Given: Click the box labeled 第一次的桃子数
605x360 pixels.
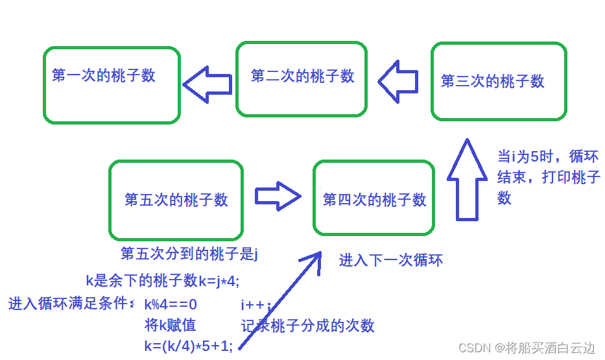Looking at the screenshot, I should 112,85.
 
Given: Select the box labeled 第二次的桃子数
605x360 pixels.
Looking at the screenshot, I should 302,79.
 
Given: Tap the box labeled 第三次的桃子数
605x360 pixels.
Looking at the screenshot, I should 499,82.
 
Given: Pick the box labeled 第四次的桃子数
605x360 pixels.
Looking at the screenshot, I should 374,198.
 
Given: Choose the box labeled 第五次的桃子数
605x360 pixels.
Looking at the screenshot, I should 176,199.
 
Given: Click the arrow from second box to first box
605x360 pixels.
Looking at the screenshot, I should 208,84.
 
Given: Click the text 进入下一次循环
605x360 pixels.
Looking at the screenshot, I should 391,261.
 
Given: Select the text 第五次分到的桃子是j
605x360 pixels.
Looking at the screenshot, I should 189,254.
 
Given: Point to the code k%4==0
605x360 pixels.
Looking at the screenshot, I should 171,304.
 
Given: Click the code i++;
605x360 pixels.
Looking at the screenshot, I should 255,305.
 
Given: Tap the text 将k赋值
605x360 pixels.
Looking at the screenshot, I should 170,325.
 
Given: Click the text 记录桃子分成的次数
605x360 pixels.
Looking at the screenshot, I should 307,326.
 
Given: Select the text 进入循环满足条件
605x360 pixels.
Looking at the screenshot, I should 71,303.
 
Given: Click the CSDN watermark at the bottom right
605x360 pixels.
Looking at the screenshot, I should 527,348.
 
